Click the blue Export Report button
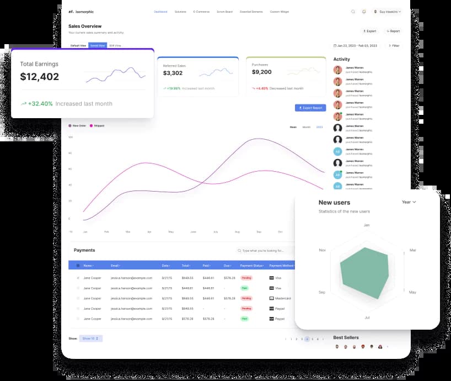[310, 108]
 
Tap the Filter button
[394, 46]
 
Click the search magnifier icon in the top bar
[353, 12]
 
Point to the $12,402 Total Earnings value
[40, 77]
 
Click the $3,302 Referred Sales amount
[173, 73]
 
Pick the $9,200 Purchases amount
[261, 72]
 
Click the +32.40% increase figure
[40, 104]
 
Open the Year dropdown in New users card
[409, 202]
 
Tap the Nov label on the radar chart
[322, 250]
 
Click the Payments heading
[84, 250]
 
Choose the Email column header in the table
[115, 266]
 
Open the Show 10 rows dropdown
[90, 338]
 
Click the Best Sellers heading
[346, 337]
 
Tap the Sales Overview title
[85, 26]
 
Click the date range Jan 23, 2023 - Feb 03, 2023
[356, 46]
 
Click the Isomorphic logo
[81, 12]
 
